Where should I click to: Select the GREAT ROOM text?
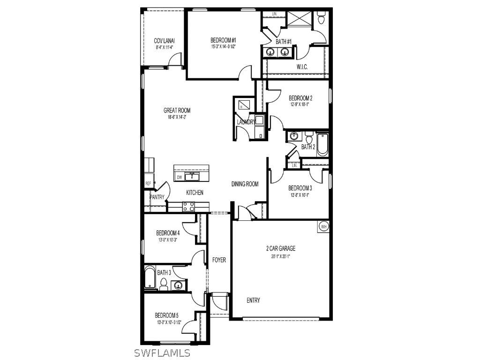coord(177,111)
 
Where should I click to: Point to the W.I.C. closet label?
coord(302,67)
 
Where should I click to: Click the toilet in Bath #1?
coord(321,18)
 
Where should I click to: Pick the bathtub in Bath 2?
coord(322,144)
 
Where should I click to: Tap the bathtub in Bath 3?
coord(150,277)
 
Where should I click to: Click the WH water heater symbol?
coord(323,226)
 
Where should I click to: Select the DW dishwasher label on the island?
coord(180,177)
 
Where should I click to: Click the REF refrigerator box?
coord(149,183)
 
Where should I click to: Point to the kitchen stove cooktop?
coord(188,206)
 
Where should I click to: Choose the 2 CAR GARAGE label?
coord(281,249)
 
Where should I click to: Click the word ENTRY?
coord(253,300)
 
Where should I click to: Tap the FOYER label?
coord(219,260)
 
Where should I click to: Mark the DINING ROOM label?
coord(245,184)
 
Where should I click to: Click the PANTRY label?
coord(157,197)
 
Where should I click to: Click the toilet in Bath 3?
coord(164,284)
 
